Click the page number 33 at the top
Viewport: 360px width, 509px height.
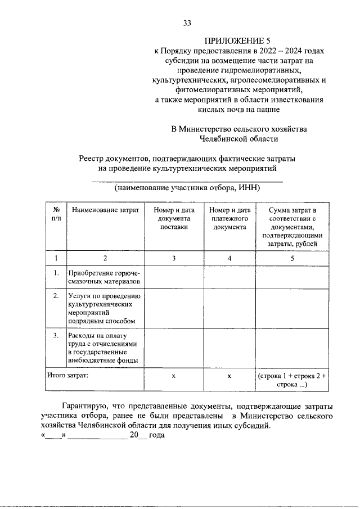tap(187, 23)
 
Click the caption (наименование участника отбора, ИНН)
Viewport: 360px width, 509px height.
tap(187, 188)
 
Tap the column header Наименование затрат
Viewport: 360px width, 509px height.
tap(105, 210)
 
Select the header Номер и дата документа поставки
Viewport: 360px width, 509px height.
tap(173, 219)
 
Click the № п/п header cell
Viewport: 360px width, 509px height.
tap(56, 214)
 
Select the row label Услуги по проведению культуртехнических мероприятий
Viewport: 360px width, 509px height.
tap(105, 308)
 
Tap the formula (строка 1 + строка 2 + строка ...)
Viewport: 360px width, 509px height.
tap(292, 380)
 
